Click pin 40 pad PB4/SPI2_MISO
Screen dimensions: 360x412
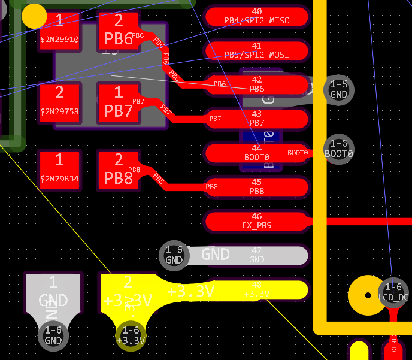(256, 16)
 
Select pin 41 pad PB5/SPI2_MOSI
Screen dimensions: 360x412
(256, 50)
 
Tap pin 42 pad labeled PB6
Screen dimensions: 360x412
(256, 84)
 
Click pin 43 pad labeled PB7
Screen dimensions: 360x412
(256, 119)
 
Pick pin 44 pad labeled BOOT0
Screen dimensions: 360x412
(256, 153)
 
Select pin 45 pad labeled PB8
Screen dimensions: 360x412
(256, 187)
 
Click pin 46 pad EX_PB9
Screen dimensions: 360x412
(256, 221)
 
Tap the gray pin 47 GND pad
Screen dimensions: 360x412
(256, 255)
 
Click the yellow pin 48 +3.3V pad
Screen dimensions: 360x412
(256, 290)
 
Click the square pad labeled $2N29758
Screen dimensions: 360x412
(59, 104)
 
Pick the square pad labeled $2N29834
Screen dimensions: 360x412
(59, 171)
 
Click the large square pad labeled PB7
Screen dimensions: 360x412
(119, 104)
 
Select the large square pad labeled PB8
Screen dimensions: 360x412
(119, 171)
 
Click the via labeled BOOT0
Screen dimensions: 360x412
(339, 148)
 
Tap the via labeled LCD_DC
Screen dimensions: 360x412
(393, 292)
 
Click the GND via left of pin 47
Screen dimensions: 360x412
(174, 255)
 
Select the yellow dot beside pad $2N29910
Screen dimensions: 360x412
(34, 16)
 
